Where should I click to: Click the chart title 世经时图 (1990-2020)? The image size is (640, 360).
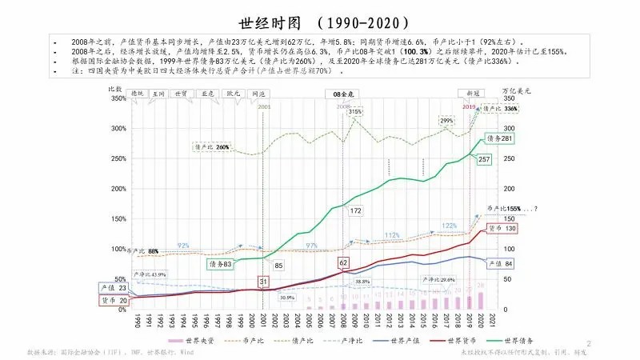tap(319, 22)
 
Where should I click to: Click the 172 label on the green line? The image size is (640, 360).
tap(356, 210)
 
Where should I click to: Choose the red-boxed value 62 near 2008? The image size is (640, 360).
tap(344, 262)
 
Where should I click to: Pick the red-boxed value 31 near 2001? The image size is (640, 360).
tap(263, 282)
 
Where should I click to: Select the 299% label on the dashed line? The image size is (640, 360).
tap(447, 121)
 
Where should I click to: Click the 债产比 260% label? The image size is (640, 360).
tap(212, 147)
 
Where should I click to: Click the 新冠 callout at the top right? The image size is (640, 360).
tap(473, 94)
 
